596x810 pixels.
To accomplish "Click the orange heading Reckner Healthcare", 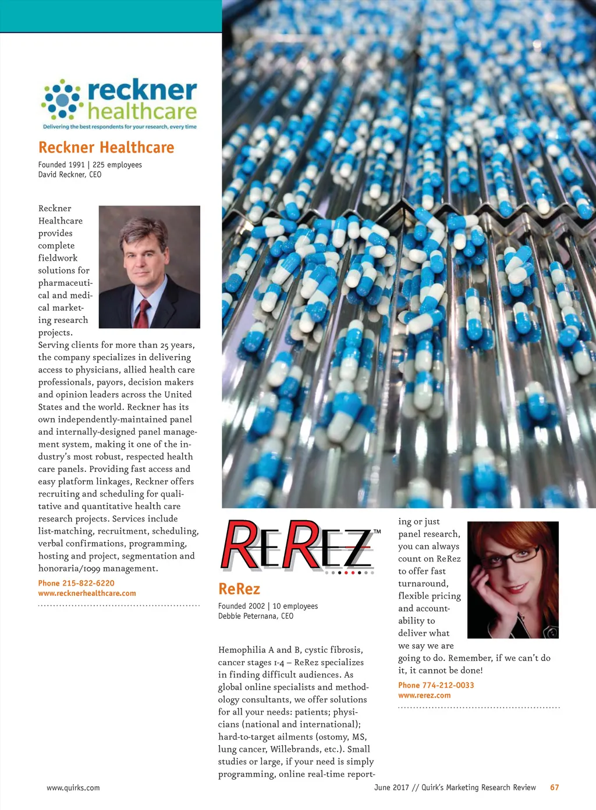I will pos(106,148).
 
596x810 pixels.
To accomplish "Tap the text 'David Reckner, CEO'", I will pos(70,175).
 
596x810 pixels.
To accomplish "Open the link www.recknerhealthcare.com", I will pos(87,594).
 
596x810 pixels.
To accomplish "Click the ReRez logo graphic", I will pos(297,546).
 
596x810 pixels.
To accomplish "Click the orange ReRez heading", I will pos(239,589).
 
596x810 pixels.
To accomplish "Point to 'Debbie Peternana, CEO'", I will pos(256,616).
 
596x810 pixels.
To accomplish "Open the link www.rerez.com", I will pos(424,695).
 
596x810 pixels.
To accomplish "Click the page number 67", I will pos(555,787).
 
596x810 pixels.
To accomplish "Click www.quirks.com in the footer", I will pos(73,788).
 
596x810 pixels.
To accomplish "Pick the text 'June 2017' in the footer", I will pos(391,787).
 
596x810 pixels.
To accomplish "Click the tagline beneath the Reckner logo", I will pos(120,127).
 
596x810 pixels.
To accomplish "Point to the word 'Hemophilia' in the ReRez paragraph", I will pos(241,650).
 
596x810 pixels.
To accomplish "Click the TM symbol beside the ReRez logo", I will pos(377,531).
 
